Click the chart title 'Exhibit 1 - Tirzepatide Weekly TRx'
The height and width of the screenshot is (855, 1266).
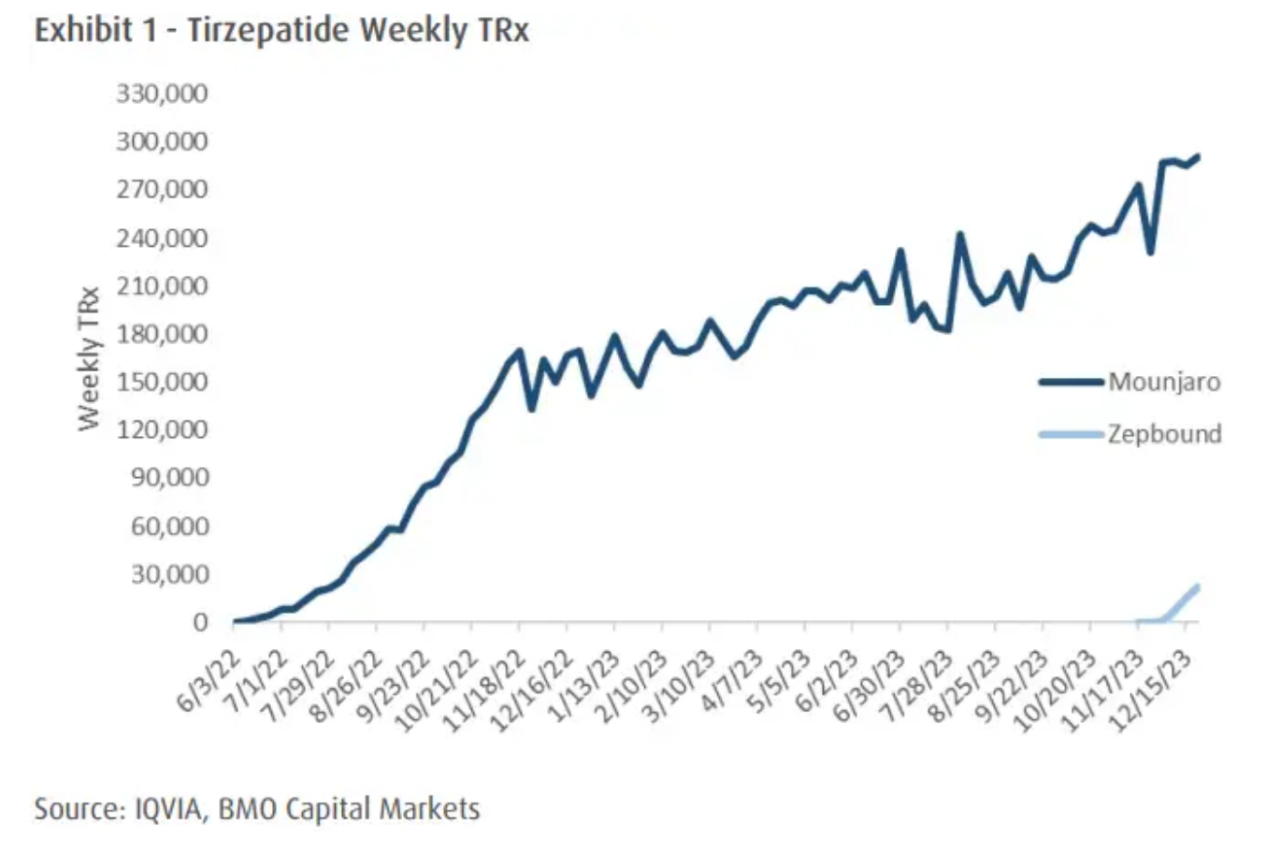281,31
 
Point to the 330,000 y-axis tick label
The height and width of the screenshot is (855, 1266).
162,94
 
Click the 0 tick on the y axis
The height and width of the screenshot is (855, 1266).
200,622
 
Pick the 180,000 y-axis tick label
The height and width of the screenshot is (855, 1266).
162,334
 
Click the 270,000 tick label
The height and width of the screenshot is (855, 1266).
162,190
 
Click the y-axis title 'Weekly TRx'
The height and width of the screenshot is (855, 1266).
89,358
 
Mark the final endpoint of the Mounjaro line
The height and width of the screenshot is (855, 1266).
1198,156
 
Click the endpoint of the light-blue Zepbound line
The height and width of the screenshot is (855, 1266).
1198,587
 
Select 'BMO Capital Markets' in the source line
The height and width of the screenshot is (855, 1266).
349,808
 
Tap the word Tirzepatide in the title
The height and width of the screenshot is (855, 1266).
267,31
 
